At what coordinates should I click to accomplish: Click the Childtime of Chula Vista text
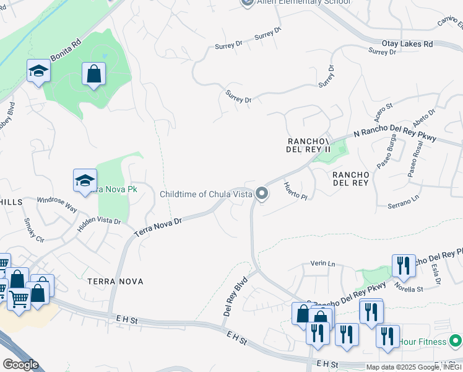point(206,194)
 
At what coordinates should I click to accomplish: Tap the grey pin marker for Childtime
point(262,194)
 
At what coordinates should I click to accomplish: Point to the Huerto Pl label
point(295,190)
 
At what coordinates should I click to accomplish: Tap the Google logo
point(20,365)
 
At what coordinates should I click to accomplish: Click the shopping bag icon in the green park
point(94,74)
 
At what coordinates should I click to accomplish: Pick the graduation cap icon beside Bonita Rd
point(38,71)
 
